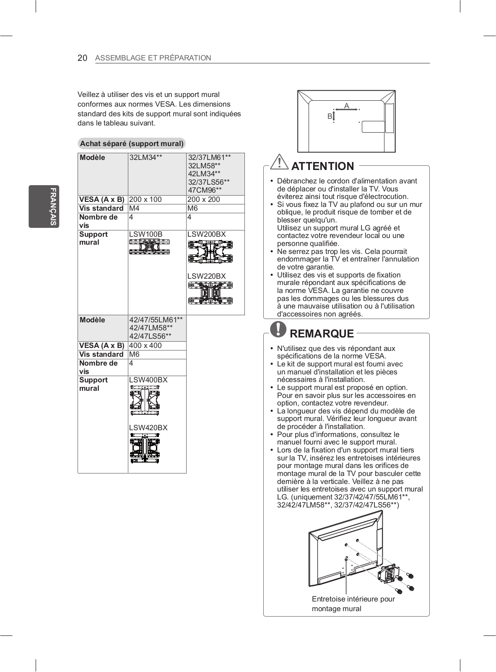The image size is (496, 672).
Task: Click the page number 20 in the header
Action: (x=82, y=58)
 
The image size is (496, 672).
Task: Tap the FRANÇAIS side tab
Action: (x=44, y=206)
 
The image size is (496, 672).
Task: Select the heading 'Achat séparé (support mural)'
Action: (x=132, y=144)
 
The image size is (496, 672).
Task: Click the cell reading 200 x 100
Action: (x=145, y=199)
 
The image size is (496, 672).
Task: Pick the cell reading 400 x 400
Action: (x=145, y=345)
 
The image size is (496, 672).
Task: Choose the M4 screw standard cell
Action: (x=134, y=208)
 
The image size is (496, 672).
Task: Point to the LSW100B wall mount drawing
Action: (x=150, y=246)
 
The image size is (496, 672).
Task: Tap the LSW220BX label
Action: (x=206, y=276)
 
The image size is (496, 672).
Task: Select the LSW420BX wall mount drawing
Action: (x=145, y=448)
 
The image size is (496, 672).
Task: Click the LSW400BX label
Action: (x=148, y=380)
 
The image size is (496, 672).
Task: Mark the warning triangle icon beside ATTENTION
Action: (x=279, y=162)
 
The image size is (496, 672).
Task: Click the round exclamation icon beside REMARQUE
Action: (x=278, y=329)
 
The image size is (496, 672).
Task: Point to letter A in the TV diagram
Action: (x=347, y=106)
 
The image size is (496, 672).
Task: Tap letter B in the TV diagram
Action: (x=330, y=116)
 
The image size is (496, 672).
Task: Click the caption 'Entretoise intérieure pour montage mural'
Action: (x=353, y=604)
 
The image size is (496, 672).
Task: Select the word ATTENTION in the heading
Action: (x=322, y=166)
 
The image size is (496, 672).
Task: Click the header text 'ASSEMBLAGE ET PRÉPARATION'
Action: (x=153, y=58)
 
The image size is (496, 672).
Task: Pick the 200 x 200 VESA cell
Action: (x=203, y=199)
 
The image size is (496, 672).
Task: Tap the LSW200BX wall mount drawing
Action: (x=210, y=252)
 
